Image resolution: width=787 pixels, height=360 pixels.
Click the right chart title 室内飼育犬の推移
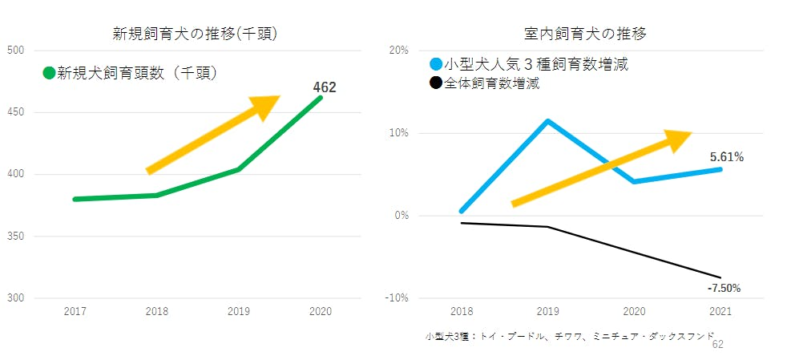point(585,34)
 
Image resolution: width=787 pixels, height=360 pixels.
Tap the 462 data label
point(324,87)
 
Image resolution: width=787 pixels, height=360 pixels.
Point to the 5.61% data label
point(727,157)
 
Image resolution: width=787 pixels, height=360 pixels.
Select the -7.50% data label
point(724,287)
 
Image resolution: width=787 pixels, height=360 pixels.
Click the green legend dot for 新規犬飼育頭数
point(49,73)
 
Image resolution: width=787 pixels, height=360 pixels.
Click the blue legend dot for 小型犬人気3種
point(436,64)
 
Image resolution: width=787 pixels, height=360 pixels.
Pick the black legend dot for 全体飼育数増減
point(436,83)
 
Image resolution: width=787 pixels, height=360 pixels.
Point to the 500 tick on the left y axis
point(15,51)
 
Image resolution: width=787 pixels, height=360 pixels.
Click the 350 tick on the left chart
point(15,237)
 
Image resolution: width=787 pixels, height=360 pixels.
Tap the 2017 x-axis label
point(75,311)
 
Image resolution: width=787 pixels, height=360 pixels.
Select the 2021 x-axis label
point(720,311)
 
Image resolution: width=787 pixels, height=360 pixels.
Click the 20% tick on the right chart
point(398,51)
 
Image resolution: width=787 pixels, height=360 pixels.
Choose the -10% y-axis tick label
point(397,298)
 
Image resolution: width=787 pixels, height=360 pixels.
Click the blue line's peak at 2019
point(547,121)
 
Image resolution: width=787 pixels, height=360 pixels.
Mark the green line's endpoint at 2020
point(321,98)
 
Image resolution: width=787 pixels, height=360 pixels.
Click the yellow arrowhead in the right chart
point(677,140)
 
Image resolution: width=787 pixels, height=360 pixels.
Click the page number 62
point(717,344)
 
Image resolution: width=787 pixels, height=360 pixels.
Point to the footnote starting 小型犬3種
point(569,337)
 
